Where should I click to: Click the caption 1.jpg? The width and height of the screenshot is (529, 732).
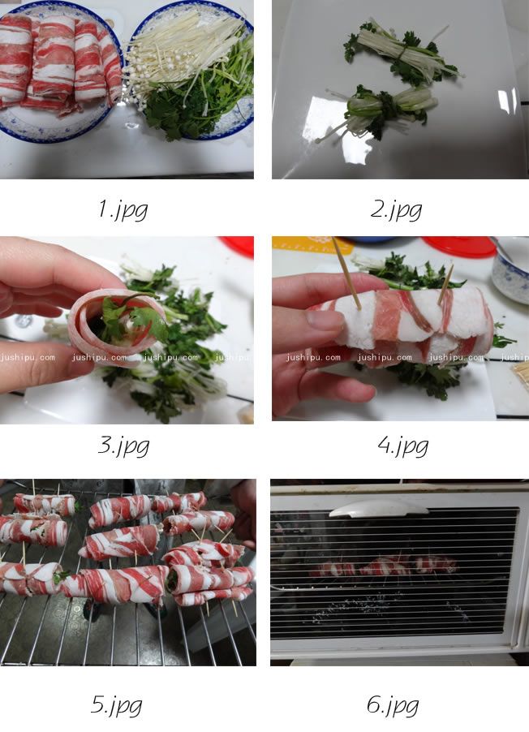(123, 209)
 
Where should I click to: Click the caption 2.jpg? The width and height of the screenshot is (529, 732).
(397, 209)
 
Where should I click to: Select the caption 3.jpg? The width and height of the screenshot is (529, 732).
(123, 446)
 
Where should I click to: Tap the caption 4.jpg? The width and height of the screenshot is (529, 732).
(403, 446)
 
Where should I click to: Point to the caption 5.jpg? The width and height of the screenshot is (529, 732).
(117, 705)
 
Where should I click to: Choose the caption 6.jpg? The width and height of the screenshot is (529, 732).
(393, 705)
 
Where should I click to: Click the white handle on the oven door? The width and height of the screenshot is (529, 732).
(379, 508)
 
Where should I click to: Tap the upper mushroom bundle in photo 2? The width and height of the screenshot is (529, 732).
(401, 52)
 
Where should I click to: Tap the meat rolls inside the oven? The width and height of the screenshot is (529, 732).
(384, 566)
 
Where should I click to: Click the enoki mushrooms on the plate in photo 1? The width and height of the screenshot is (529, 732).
(178, 54)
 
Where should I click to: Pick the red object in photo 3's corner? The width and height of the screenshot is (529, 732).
(238, 246)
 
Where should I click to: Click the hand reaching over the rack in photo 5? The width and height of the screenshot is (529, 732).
(243, 514)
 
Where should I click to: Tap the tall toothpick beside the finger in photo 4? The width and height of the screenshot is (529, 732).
(346, 273)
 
